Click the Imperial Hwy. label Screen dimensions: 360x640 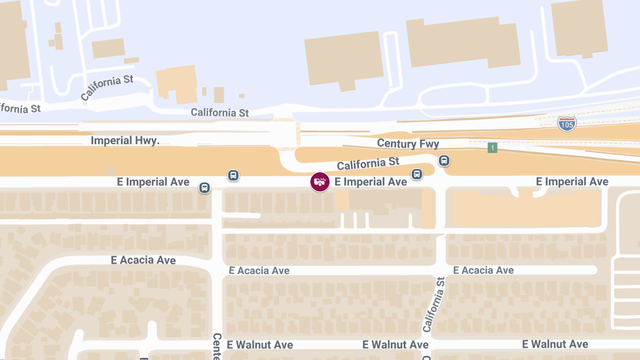[x=125, y=141]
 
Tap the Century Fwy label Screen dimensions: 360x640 [x=408, y=143]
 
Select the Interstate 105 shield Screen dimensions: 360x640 [x=567, y=123]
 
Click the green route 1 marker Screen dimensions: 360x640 [x=492, y=147]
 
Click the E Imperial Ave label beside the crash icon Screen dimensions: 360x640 [x=371, y=182]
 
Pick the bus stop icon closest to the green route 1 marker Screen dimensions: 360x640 [x=444, y=161]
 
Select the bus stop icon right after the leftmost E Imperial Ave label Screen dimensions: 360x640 [x=204, y=188]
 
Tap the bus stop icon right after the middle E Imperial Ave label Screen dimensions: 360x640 [x=417, y=174]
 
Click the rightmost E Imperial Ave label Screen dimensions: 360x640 [x=572, y=182]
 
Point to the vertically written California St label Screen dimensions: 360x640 [x=434, y=305]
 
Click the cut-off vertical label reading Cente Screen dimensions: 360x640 [x=217, y=346]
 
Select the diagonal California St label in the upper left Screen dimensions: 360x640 [x=107, y=88]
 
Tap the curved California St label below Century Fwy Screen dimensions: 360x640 [x=368, y=163]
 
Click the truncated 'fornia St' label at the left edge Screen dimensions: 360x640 [x=20, y=108]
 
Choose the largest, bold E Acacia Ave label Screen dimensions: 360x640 [x=143, y=260]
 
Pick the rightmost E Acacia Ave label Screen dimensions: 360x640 [x=483, y=270]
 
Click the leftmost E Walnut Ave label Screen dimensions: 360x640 [x=260, y=345]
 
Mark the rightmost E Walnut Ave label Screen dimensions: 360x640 [x=555, y=345]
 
